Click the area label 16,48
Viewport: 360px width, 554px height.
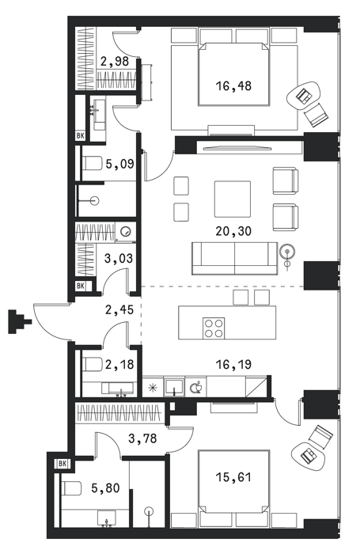(x=233, y=85)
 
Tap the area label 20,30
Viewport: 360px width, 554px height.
(x=233, y=231)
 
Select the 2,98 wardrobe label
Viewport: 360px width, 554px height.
(x=114, y=62)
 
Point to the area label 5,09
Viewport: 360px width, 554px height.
(x=119, y=164)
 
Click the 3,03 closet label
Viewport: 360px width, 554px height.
(x=119, y=258)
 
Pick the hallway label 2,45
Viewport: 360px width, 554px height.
(x=119, y=310)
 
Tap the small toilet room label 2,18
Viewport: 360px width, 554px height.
(x=119, y=364)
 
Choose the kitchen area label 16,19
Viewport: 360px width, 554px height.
(x=233, y=364)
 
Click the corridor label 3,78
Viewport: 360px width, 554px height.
(x=142, y=438)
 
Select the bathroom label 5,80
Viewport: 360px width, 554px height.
(x=105, y=488)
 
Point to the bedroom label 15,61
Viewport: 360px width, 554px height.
(x=233, y=477)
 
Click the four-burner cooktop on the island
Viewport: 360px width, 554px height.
(x=214, y=328)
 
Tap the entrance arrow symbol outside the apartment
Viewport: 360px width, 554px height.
(x=20, y=321)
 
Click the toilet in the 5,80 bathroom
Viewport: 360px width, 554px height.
(x=70, y=488)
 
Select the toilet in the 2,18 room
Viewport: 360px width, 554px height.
(x=91, y=364)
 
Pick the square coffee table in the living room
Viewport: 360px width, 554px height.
(x=233, y=199)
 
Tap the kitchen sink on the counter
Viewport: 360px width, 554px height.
(x=174, y=386)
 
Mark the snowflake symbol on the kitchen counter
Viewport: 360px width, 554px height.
(x=153, y=387)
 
